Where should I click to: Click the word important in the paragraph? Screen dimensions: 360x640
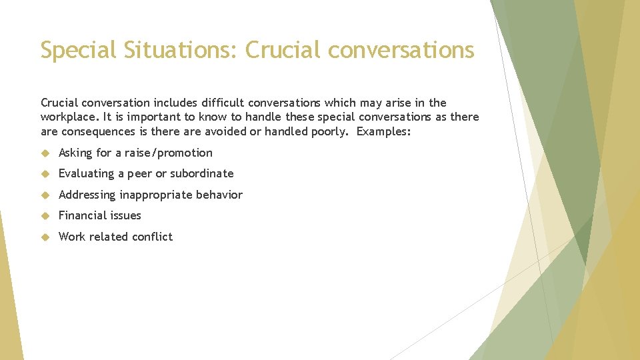[x=140, y=117]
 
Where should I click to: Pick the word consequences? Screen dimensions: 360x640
[x=96, y=131]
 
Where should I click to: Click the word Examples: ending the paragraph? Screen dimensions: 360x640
[x=384, y=131]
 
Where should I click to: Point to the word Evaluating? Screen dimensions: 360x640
[x=87, y=173]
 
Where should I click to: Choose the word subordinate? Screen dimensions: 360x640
[x=201, y=173]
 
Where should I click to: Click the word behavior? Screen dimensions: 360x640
[x=219, y=195]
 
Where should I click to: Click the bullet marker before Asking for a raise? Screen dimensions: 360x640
[x=45, y=153]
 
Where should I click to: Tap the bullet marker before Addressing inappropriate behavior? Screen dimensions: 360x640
[x=45, y=195]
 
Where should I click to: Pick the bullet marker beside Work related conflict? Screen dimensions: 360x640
[x=45, y=237]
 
